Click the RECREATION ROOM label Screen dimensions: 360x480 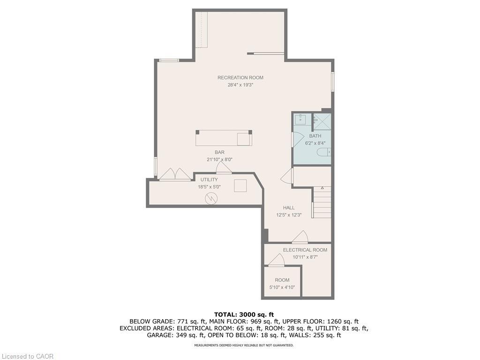(x=240, y=77)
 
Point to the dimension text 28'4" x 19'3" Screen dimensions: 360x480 (x=240, y=85)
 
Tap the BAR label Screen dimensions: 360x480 (x=219, y=152)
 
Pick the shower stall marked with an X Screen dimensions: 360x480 (x=322, y=121)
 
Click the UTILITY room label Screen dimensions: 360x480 (x=209, y=180)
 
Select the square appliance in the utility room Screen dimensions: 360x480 (x=240, y=185)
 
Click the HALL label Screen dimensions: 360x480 (x=288, y=207)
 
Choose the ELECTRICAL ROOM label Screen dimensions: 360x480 (x=305, y=250)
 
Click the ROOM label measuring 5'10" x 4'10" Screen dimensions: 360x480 (x=282, y=280)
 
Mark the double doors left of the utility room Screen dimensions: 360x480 (x=175, y=174)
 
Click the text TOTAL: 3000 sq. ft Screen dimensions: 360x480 (x=244, y=314)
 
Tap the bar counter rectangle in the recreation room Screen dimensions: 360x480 (x=224, y=138)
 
